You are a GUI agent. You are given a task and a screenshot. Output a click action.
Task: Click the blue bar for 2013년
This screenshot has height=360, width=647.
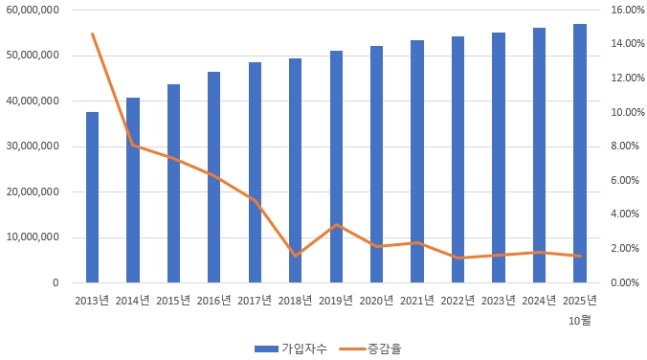[92, 198]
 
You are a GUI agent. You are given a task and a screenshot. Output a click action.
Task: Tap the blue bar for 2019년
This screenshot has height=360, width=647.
[336, 168]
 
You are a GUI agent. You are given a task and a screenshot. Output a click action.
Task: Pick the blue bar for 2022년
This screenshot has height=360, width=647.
[457, 160]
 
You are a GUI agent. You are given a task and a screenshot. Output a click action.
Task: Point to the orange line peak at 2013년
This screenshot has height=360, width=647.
[92, 34]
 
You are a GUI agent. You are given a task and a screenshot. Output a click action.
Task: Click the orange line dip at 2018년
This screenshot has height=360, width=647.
[295, 256]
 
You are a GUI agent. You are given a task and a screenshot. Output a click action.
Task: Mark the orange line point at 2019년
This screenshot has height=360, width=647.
[336, 225]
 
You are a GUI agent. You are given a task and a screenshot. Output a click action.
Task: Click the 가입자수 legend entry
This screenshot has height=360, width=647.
[291, 348]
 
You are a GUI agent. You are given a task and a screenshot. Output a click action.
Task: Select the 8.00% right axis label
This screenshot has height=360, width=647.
[629, 146]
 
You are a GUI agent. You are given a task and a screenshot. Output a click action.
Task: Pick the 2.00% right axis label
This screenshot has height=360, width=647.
[629, 249]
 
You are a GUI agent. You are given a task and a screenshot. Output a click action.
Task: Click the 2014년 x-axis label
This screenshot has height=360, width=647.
[132, 301]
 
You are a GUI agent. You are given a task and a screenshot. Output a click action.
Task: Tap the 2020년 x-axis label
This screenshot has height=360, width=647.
[376, 301]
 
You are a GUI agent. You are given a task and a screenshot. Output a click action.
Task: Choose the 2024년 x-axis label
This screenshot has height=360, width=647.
[539, 301]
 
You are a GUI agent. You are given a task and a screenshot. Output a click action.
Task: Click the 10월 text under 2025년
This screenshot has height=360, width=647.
[580, 320]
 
